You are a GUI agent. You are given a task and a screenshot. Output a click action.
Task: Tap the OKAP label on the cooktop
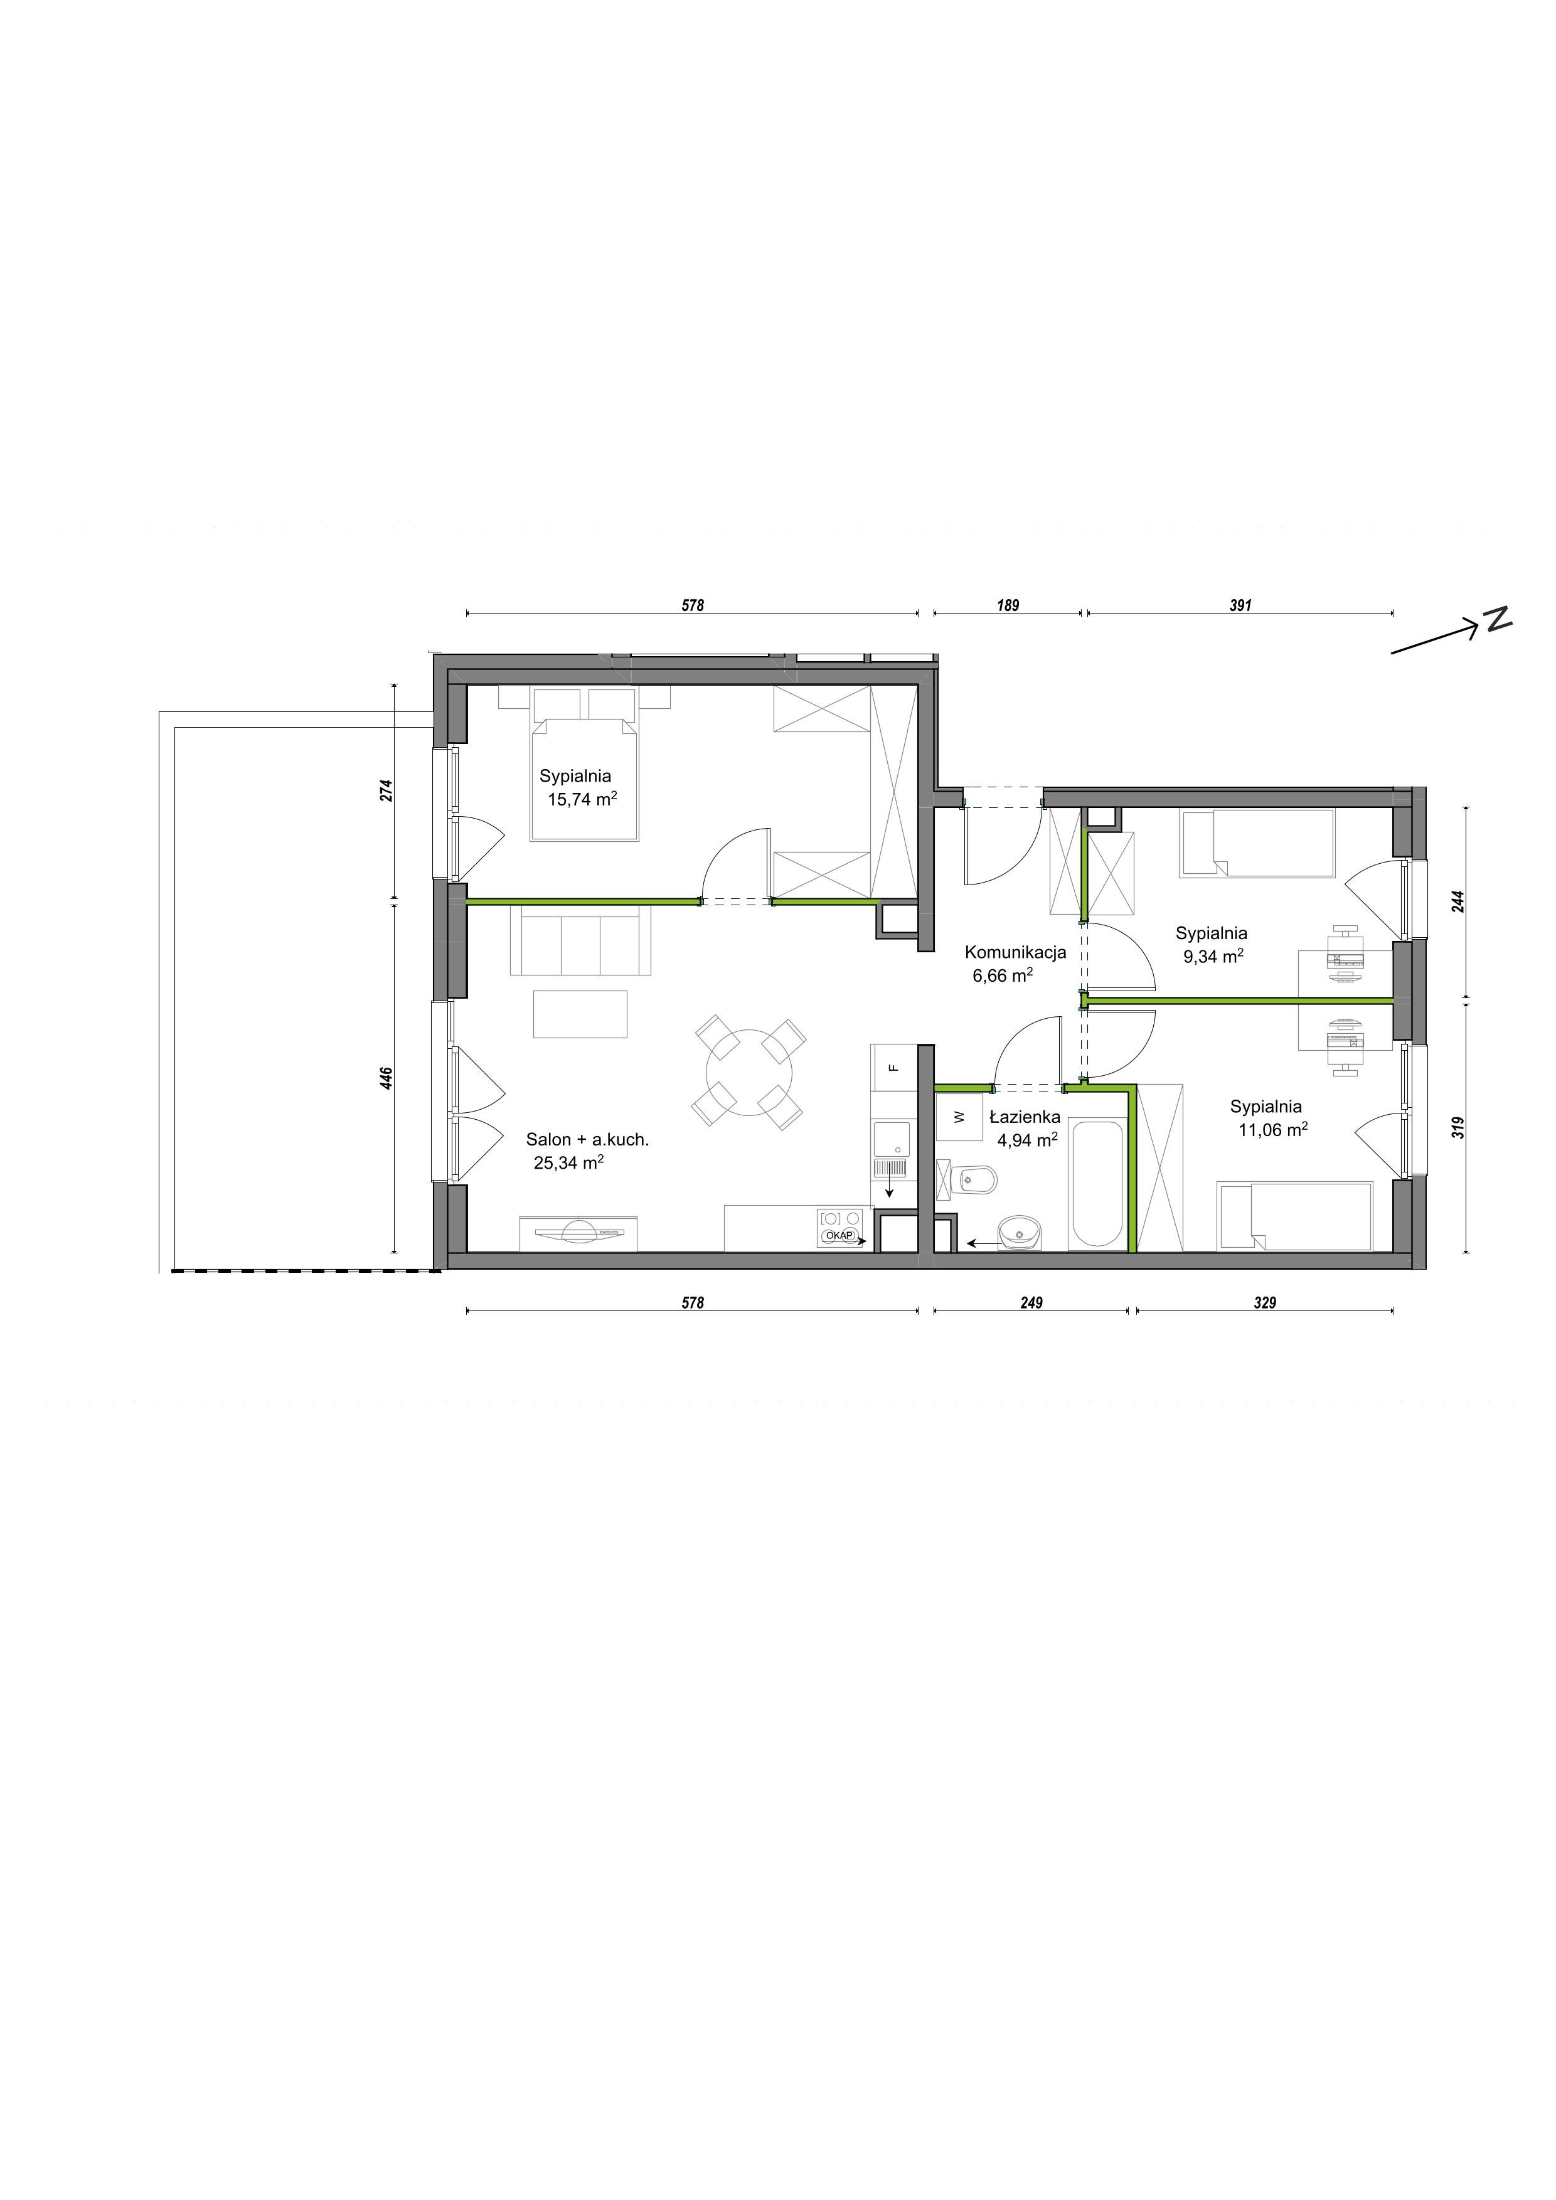pos(838,1236)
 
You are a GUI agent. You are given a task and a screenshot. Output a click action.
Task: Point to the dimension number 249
pos(1031,1303)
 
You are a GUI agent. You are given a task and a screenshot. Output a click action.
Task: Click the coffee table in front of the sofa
pos(580,1014)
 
